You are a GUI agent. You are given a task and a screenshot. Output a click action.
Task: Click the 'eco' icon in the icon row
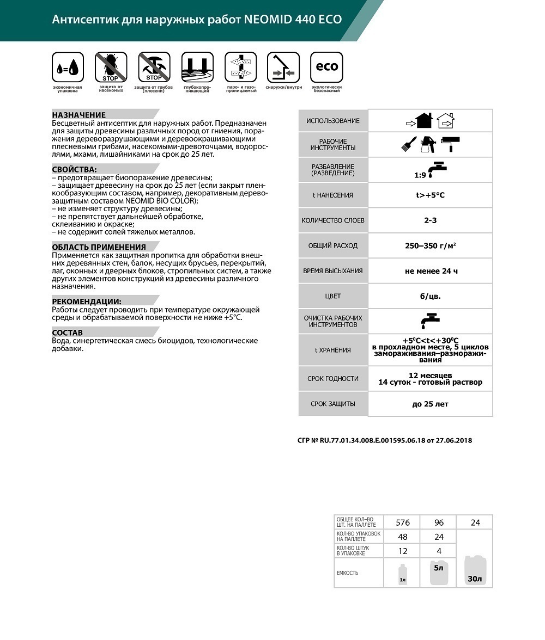tap(326, 67)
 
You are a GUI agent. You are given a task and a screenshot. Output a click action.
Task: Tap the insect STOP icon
tap(111, 67)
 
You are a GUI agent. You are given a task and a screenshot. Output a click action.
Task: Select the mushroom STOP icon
tap(154, 67)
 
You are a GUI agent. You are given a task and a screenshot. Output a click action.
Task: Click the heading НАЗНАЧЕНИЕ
tap(79, 115)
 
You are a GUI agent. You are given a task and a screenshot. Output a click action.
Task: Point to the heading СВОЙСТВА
tap(75, 169)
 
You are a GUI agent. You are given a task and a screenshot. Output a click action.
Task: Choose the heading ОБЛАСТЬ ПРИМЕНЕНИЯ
tap(99, 247)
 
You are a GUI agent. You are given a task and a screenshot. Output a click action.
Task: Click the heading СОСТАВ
tap(68, 333)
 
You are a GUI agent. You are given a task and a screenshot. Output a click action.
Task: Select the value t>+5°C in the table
tap(430, 195)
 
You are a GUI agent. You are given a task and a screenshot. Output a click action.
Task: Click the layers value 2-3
tap(430, 220)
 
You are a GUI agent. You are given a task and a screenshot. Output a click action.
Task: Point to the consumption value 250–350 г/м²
tap(430, 245)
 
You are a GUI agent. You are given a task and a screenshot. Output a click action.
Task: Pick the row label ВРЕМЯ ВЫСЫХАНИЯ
tap(332, 271)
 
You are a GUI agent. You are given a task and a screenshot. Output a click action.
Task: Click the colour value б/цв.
tap(430, 296)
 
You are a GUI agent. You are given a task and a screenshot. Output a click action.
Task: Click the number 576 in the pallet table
tap(402, 522)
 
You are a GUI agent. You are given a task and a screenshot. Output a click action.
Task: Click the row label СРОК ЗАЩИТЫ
tap(332, 404)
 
